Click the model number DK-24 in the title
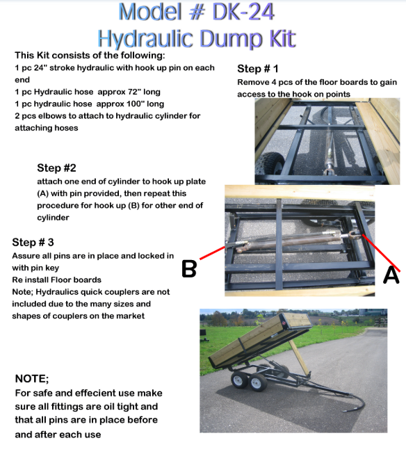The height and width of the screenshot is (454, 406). click(x=243, y=12)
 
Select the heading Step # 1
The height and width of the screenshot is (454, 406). click(x=258, y=69)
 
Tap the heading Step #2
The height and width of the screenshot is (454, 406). click(x=56, y=168)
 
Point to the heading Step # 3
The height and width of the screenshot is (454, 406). click(x=33, y=243)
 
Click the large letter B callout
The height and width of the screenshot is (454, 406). click(x=189, y=269)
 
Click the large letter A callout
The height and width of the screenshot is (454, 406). click(x=391, y=275)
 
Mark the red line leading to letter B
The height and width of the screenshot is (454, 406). click(x=212, y=252)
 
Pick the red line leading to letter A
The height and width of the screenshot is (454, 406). click(x=381, y=253)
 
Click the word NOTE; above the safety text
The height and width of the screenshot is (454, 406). click(x=32, y=379)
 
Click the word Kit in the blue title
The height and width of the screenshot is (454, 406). click(x=282, y=39)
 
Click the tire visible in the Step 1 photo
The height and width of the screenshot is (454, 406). click(x=270, y=163)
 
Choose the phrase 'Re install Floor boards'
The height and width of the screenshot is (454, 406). click(x=57, y=280)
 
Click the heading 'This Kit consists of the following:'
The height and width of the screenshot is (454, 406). click(x=90, y=56)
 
